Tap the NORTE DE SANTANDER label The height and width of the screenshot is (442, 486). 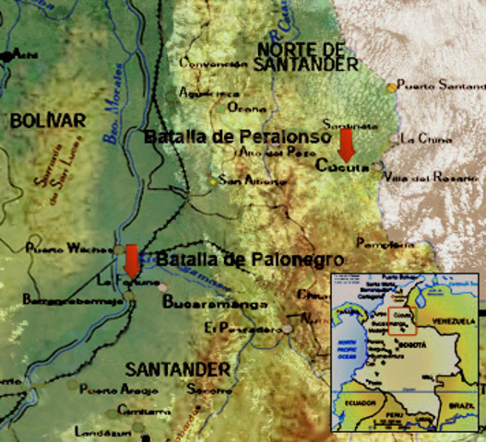coord(307,56)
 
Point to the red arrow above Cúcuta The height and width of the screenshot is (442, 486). coord(346,145)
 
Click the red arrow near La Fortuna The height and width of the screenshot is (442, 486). coord(132,261)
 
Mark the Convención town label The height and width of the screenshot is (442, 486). coord(214,64)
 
